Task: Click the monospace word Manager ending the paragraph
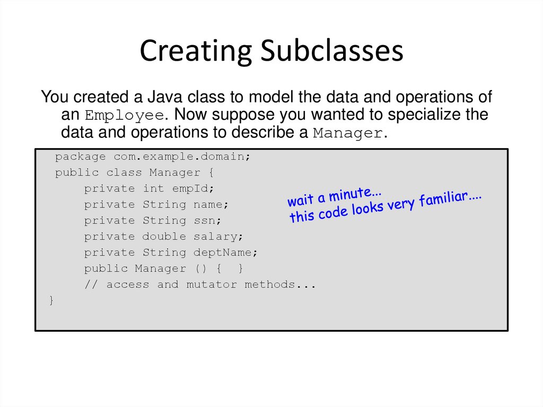click(x=347, y=133)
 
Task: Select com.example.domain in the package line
click(x=181, y=157)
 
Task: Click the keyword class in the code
click(x=124, y=173)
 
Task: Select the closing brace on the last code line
click(x=51, y=301)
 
